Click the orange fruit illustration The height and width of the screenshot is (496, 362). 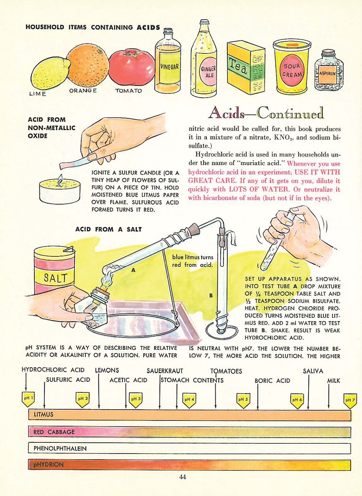coord(88,66)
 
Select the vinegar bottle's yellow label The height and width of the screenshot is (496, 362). coord(170,67)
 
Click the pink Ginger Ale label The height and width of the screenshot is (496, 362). coord(208,72)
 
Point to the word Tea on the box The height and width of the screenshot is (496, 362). coord(239,66)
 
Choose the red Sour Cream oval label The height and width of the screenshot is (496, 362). coord(292,70)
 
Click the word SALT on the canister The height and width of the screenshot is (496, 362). coord(55,277)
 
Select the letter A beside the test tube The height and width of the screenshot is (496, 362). coord(133,271)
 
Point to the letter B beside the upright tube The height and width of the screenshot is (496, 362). coord(211,296)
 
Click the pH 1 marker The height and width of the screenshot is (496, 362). coord(28,399)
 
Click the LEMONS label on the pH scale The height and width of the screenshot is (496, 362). coord(107,371)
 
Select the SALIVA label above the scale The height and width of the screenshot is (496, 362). coord(313,371)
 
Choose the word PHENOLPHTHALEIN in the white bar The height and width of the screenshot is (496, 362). coord(60,448)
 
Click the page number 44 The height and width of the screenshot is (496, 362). coord(182,477)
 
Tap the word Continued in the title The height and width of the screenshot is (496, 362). coord(290,113)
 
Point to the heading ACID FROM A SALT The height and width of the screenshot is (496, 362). coord(108,229)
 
